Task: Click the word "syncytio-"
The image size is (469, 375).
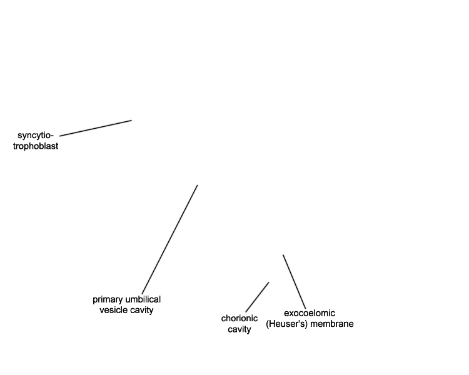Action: [x=35, y=136]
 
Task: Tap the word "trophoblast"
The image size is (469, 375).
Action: [x=36, y=146]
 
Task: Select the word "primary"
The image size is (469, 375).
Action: [x=108, y=299]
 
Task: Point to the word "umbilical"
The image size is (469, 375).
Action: [x=143, y=299]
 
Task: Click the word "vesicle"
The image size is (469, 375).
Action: [x=113, y=310]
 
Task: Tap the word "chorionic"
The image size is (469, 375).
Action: [x=240, y=318]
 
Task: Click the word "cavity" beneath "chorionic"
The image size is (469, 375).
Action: [x=240, y=329]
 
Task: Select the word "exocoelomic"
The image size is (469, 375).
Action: [x=310, y=313]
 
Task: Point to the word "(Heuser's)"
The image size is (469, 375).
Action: [x=286, y=324]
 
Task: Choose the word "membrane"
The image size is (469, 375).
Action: [x=331, y=324]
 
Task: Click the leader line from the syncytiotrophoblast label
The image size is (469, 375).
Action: [x=96, y=128]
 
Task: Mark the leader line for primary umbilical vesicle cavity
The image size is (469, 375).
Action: [x=169, y=239]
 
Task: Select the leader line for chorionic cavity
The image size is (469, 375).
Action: [x=257, y=297]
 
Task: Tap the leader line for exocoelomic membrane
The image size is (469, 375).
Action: [x=295, y=282]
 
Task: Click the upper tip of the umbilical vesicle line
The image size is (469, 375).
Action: [x=198, y=186]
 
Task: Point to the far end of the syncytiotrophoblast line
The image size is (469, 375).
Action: [x=131, y=121]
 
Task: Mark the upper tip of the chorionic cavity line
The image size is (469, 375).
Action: [x=269, y=282]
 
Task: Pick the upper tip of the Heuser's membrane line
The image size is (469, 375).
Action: [x=283, y=255]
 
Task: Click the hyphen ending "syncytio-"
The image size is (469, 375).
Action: [x=52, y=136]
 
